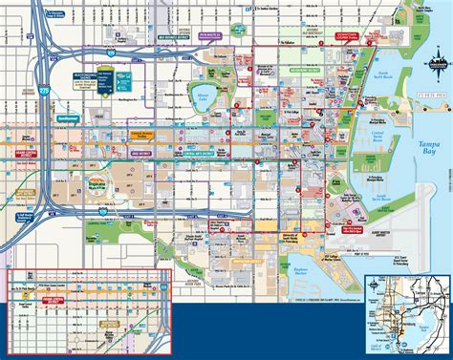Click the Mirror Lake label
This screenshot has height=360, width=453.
[226, 95]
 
